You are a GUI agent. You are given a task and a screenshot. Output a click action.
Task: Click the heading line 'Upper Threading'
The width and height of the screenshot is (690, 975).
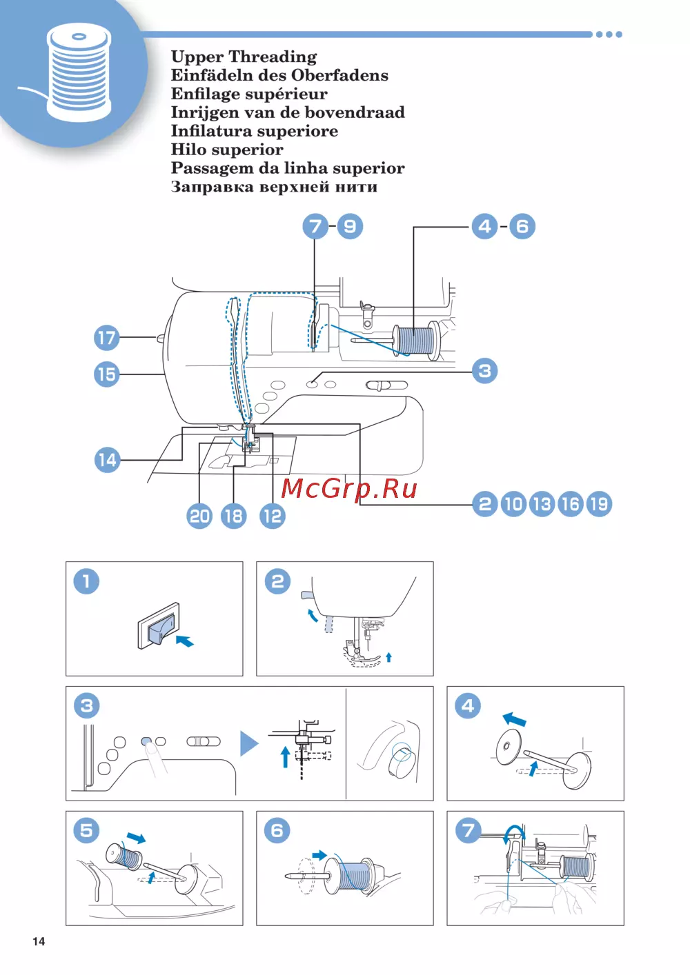[x=244, y=57]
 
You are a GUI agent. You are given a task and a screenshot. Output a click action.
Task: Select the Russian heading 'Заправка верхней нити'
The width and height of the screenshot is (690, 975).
[x=274, y=187]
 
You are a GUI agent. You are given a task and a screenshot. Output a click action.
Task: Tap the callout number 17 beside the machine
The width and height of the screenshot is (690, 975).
[x=106, y=338]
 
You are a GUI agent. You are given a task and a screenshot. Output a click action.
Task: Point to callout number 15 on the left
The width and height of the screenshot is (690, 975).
[x=106, y=374]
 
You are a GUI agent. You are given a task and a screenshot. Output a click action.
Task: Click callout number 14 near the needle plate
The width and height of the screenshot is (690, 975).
[x=107, y=460]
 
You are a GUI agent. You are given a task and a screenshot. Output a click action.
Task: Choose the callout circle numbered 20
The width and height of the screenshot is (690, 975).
[x=199, y=516]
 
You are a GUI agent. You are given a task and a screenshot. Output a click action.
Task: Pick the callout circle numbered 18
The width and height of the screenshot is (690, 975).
[x=233, y=516]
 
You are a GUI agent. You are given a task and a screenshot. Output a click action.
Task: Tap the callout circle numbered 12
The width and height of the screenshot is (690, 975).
[x=273, y=516]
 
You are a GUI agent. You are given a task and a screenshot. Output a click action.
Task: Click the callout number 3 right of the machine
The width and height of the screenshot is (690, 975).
[x=485, y=371]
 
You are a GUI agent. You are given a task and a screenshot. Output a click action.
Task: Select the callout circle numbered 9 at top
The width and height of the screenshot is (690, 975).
[x=350, y=226]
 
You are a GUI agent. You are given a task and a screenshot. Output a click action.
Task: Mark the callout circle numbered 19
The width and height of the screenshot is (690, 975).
[x=599, y=504]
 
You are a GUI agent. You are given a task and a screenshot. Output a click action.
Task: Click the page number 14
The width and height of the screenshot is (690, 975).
[x=39, y=942]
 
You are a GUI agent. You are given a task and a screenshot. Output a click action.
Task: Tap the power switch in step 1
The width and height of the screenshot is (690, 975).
[x=158, y=627]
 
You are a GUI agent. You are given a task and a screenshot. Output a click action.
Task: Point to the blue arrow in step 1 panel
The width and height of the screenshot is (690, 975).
[x=184, y=641]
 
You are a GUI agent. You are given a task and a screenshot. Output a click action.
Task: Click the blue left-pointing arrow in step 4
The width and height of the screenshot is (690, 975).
[x=514, y=720]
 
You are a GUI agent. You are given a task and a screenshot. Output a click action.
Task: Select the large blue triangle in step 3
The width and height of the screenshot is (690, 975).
[x=248, y=744]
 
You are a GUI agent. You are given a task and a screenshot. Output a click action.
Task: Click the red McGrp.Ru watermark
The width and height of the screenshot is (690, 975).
[x=349, y=488]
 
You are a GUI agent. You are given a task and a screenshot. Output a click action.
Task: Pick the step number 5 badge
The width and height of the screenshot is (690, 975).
[x=86, y=830]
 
